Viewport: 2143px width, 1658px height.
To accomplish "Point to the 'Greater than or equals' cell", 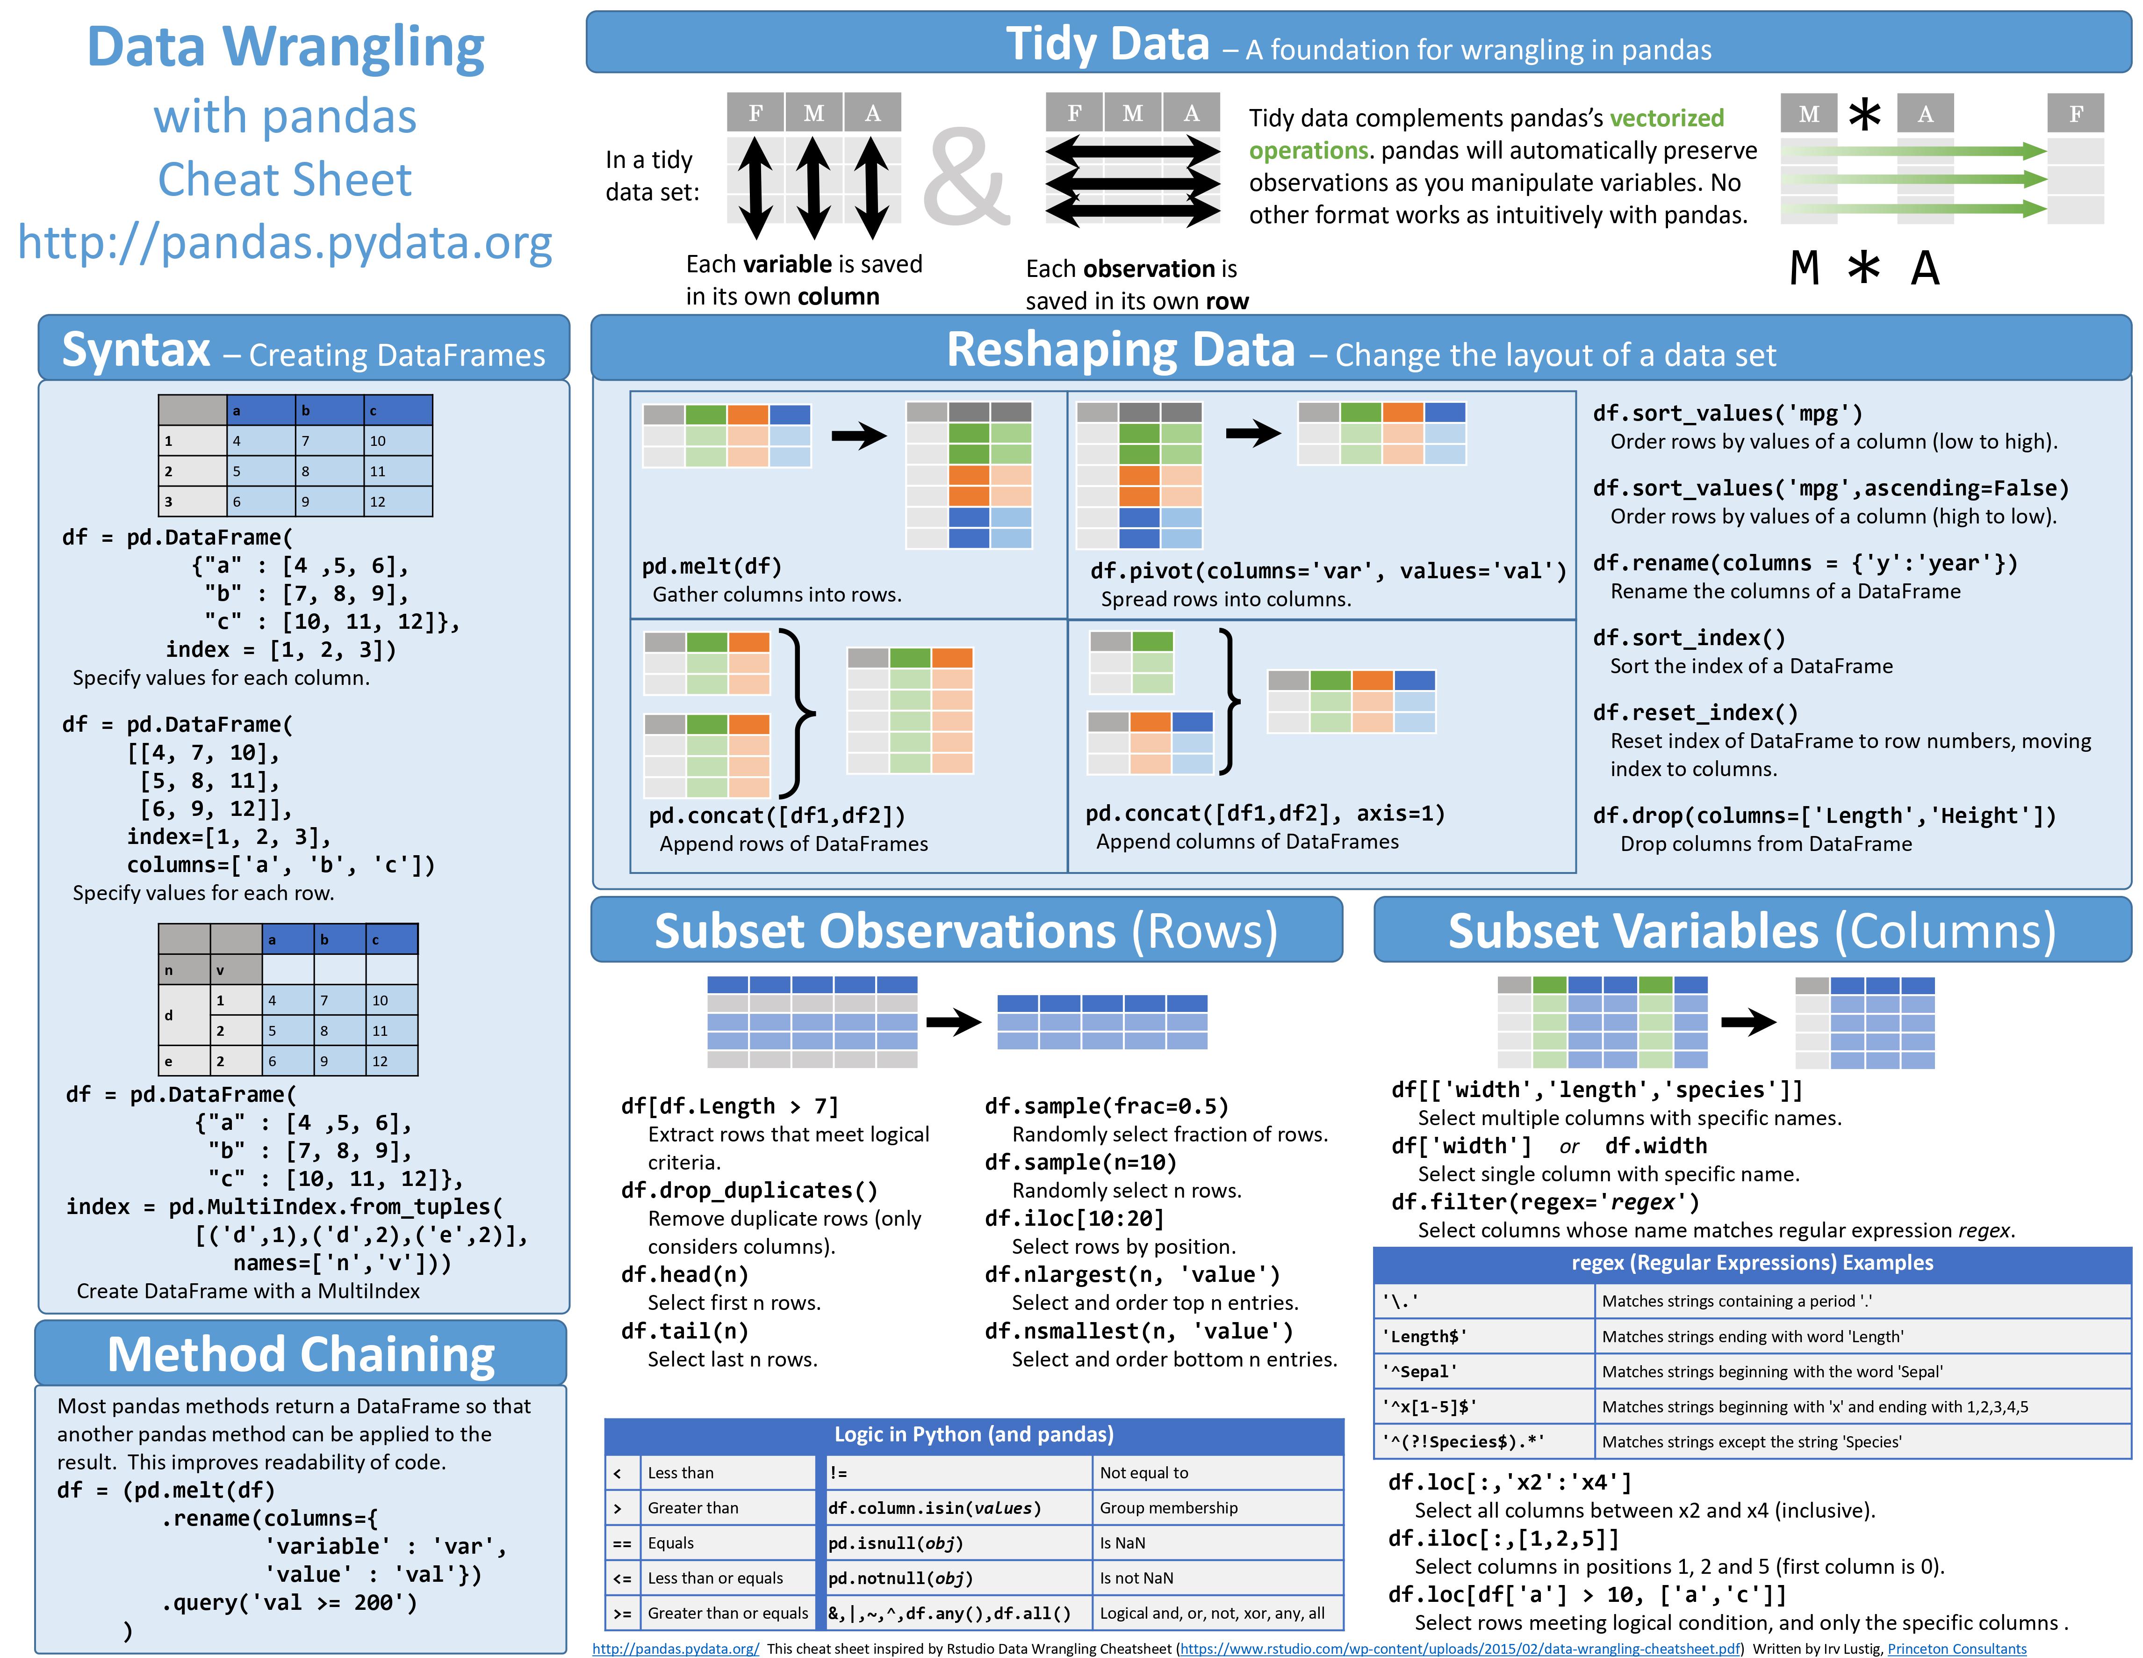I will point(727,1613).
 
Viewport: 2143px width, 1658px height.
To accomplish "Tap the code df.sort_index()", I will point(1689,638).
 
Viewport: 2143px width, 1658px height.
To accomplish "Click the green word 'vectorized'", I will point(1666,118).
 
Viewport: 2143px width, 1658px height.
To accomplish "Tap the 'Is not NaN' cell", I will point(1136,1578).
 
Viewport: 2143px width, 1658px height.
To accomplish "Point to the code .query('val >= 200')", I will point(289,1602).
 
